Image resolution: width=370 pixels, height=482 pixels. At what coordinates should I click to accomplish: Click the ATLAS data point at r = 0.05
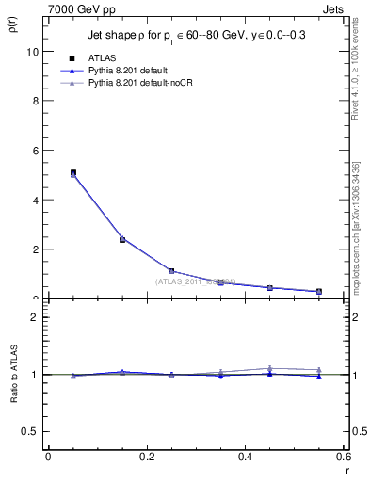[72, 172]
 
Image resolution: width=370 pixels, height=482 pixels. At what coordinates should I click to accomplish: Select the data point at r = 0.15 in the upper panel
[122, 239]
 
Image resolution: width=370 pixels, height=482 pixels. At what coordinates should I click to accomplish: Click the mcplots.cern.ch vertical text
[355, 225]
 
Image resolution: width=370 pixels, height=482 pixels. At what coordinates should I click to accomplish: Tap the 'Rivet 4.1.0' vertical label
[355, 66]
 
